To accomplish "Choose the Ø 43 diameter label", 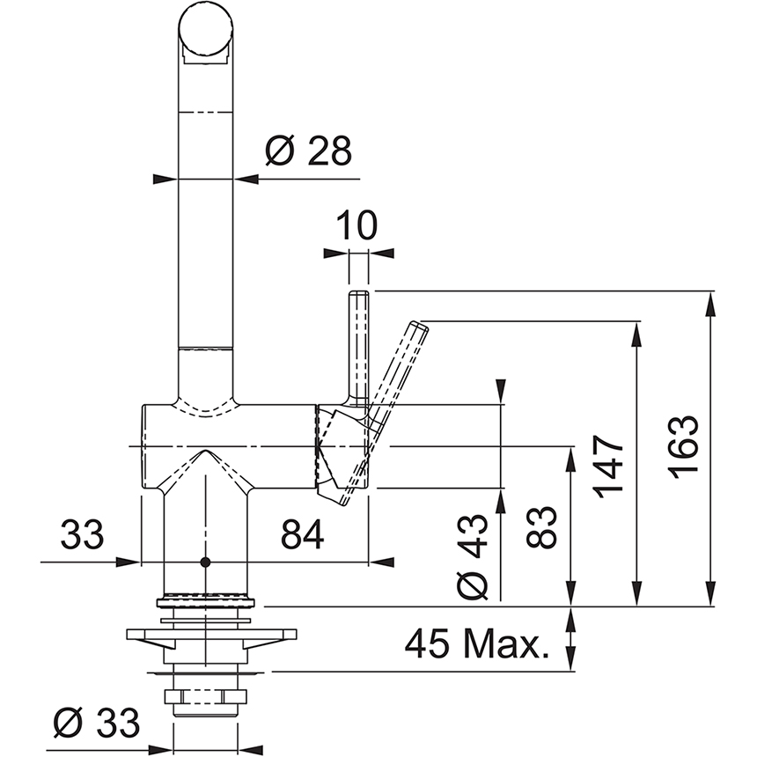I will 474,558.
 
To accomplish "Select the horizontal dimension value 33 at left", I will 82,534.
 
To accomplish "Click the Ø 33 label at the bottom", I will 96,724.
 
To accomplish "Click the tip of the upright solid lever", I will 359,297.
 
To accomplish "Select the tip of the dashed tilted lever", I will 419,327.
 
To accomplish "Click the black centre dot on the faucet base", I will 206,562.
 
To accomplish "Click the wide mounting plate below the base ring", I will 210,634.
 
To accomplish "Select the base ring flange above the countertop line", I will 206,603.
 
